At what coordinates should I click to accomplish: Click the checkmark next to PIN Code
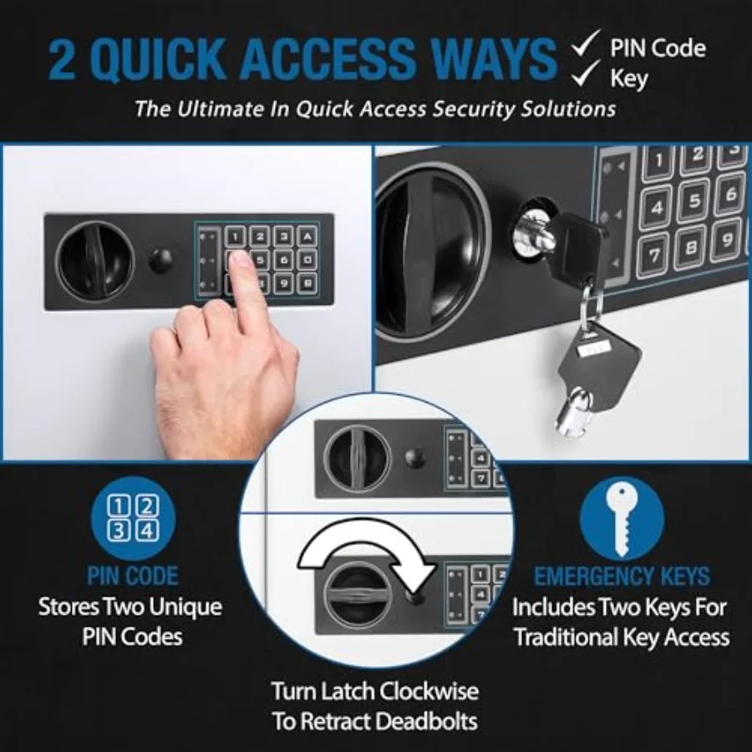point(585,43)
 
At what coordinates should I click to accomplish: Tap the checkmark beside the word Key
point(585,73)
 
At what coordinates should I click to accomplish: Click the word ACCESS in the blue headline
point(326,59)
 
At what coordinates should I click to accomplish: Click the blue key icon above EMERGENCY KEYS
point(622,519)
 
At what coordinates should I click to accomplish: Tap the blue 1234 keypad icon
point(134,519)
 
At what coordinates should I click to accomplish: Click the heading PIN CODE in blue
point(133,576)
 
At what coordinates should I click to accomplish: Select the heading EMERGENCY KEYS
point(622,576)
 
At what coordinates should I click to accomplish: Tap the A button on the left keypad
point(307,236)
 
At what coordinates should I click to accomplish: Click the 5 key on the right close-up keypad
point(695,201)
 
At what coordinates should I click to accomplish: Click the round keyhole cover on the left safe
point(160,262)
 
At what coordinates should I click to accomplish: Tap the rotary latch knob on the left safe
point(95,262)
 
